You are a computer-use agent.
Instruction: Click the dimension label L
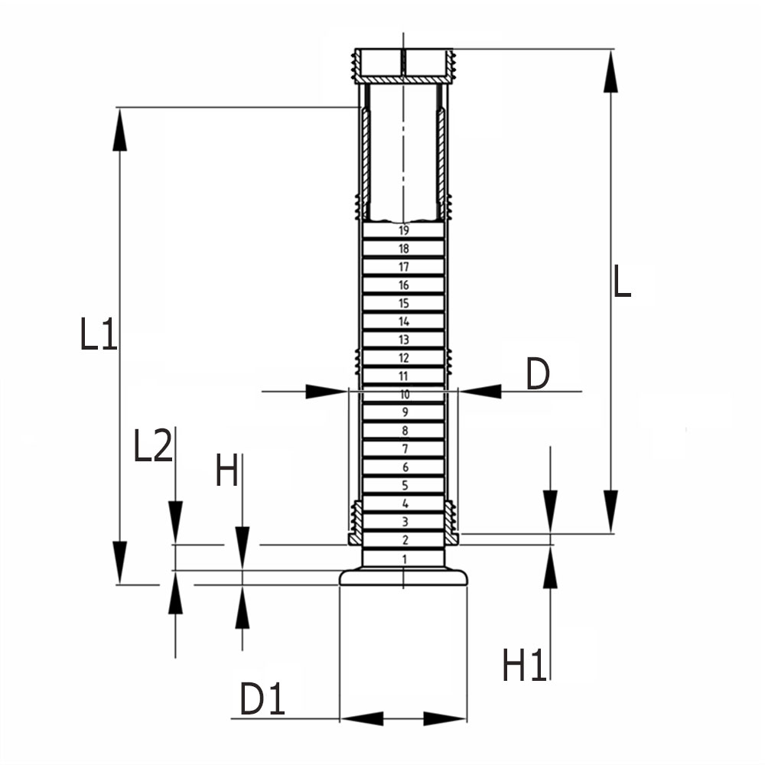coord(623,282)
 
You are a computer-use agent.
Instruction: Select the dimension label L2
coord(152,448)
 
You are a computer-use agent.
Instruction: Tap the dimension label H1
coord(525,665)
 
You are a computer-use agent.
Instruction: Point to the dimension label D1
coord(262,700)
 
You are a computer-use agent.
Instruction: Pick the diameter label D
coord(538,375)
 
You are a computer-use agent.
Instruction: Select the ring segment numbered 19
coord(404,230)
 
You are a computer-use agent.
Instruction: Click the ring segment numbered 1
coord(404,559)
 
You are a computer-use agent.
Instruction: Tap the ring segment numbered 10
coord(404,395)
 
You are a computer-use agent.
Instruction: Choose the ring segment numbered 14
coord(404,321)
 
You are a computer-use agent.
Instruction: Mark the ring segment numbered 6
coord(404,467)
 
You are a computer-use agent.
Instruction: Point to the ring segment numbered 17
coord(404,267)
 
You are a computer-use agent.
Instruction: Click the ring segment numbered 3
coord(404,522)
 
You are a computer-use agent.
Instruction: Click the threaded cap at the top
coord(403,66)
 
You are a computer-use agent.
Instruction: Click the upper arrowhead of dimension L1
coord(119,130)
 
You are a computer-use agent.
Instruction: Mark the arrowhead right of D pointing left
coord(481,391)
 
